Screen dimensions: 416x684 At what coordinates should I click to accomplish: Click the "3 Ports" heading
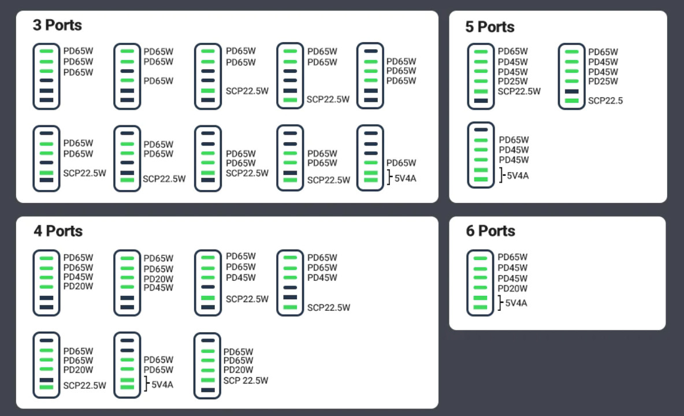point(57,25)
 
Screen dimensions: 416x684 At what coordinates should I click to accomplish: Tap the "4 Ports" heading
point(58,231)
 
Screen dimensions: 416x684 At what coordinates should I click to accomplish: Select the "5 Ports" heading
point(490,27)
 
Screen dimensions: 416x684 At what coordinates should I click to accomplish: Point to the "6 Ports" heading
point(490,231)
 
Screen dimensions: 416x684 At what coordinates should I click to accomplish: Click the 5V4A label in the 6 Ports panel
point(516,303)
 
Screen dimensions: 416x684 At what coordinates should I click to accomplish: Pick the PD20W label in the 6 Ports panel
point(512,288)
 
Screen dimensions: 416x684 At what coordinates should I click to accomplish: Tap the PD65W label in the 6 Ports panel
point(512,257)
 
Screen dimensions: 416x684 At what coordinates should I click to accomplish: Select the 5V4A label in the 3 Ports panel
point(405,178)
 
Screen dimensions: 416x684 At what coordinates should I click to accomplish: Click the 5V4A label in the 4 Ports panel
point(162,384)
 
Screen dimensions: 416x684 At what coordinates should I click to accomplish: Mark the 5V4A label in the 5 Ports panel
point(518,175)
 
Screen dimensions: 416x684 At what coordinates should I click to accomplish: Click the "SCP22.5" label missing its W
point(605,101)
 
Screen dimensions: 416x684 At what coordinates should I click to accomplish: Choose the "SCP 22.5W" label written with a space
point(246,380)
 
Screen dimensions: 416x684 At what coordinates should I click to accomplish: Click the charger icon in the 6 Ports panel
point(480,283)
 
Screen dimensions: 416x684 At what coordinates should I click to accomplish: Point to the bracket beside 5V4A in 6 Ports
point(500,302)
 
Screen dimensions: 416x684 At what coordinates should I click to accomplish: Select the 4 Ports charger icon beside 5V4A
point(127,365)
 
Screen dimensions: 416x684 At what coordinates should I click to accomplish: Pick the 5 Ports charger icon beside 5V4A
point(481,155)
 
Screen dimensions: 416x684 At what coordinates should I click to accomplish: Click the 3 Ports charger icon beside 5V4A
point(370,158)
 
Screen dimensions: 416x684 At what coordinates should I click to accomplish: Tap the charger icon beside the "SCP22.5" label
point(571,76)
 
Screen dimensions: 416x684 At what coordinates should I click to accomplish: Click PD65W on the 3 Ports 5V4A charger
point(401,163)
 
